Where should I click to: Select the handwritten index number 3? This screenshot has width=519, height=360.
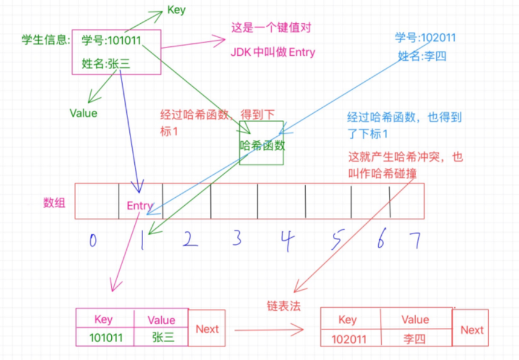click(236, 238)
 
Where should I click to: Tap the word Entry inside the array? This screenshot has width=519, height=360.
click(140, 205)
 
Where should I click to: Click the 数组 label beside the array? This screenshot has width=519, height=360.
click(54, 202)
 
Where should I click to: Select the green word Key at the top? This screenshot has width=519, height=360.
click(176, 10)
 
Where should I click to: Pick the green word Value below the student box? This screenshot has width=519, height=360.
click(83, 113)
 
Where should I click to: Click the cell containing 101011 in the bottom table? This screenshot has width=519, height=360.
click(105, 337)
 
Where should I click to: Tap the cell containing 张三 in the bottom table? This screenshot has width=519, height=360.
click(162, 337)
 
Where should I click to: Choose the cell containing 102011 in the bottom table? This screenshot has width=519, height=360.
click(350, 337)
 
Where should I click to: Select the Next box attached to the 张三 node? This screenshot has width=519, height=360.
click(207, 329)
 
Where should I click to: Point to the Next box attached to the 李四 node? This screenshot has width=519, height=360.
click(471, 329)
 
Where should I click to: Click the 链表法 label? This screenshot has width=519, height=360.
click(284, 306)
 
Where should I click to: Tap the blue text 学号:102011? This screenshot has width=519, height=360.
click(425, 38)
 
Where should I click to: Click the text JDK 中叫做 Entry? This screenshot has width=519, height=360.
click(273, 52)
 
